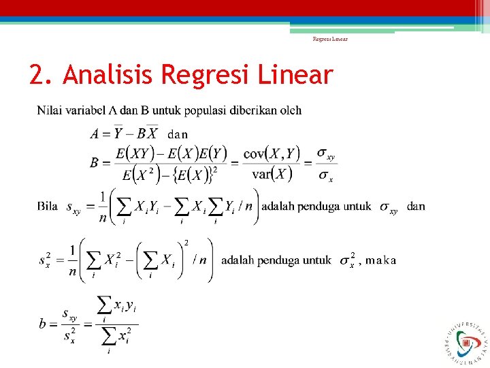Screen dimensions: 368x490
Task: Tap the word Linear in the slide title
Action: tap(297, 76)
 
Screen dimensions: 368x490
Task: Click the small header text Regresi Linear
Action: tap(330, 39)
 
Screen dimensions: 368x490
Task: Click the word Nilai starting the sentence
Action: tap(50, 110)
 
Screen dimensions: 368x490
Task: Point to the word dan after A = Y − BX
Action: tap(178, 134)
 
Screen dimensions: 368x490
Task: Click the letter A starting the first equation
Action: tap(96, 134)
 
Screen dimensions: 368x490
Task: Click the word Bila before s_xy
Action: tap(48, 206)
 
